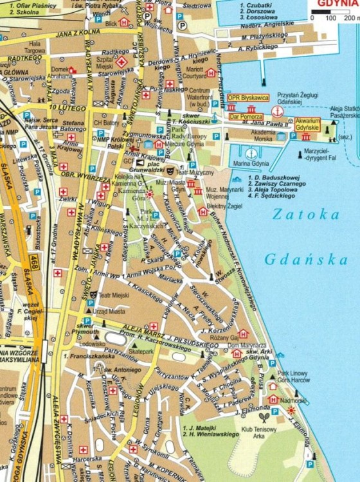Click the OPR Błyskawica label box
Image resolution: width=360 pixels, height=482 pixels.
[248, 98]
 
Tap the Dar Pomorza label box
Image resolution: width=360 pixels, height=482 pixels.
[246, 117]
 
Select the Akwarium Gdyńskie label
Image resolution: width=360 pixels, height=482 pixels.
[308, 124]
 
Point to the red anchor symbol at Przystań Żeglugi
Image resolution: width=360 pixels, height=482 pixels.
[276, 111]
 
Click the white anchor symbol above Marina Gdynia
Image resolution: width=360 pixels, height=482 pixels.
[251, 153]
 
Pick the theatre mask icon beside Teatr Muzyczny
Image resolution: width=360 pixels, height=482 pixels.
[170, 172]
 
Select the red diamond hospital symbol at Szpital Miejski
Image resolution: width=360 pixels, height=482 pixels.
[121, 62]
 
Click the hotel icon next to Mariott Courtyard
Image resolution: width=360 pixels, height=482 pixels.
[211, 73]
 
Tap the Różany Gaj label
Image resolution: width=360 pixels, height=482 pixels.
[225, 337]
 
